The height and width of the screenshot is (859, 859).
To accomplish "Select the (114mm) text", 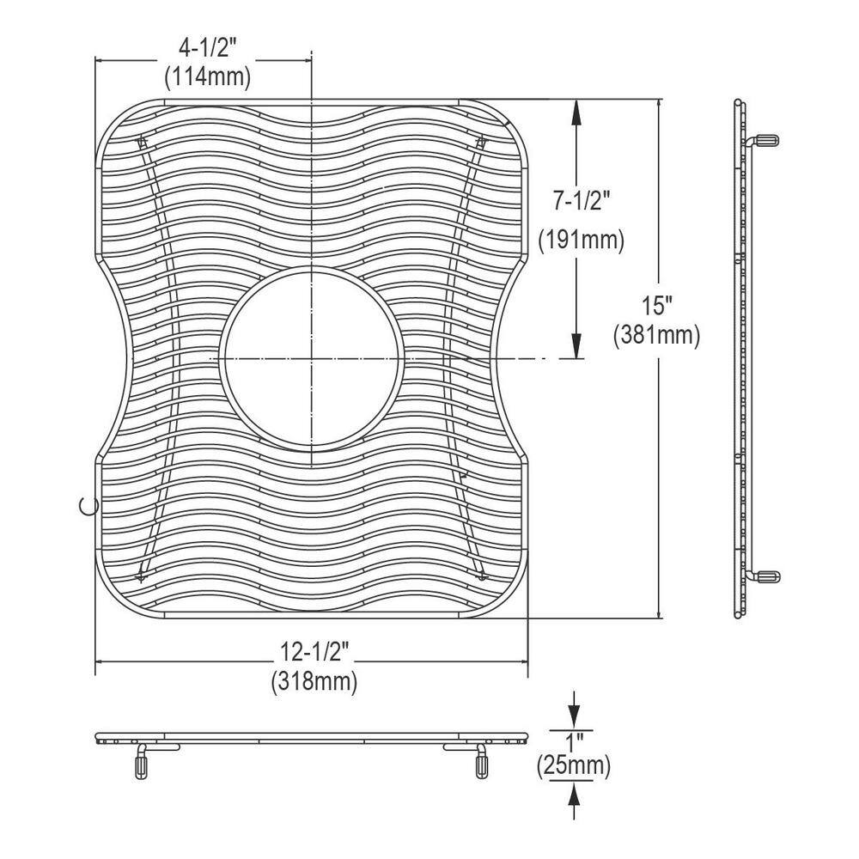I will point(207,77).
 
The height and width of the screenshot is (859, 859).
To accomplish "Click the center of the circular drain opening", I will point(310,356).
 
